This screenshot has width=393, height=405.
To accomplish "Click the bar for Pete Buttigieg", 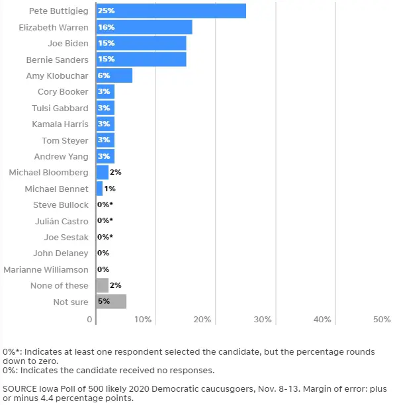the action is click(171, 11).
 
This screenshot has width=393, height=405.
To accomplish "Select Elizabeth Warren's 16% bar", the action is click(144, 27).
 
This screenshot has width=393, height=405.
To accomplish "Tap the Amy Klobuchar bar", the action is click(114, 75).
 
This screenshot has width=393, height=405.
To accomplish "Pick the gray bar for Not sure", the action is click(111, 301).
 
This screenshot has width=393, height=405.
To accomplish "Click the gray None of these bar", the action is click(103, 285).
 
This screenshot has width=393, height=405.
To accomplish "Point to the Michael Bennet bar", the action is click(99, 189).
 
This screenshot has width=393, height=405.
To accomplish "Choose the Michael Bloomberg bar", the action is click(103, 172).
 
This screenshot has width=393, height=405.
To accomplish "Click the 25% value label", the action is click(106, 11).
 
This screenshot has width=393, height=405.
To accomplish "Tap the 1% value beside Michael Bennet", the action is click(110, 189).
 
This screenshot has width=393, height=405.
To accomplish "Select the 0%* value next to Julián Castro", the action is click(105, 220).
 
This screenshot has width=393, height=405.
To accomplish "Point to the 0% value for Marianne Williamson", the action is click(103, 269).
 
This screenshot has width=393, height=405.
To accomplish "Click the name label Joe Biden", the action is click(68, 44).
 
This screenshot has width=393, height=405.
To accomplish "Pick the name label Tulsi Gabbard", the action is click(60, 109).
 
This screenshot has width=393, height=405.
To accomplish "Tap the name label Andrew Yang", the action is click(61, 157).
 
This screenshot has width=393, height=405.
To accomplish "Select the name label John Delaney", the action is click(61, 253).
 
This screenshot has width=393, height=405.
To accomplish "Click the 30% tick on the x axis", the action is click(263, 320).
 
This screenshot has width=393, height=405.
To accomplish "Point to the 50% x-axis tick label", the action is click(382, 320).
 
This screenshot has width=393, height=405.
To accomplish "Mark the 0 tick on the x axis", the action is click(89, 320).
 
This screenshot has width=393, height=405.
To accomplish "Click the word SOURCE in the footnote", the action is click(20, 388).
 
